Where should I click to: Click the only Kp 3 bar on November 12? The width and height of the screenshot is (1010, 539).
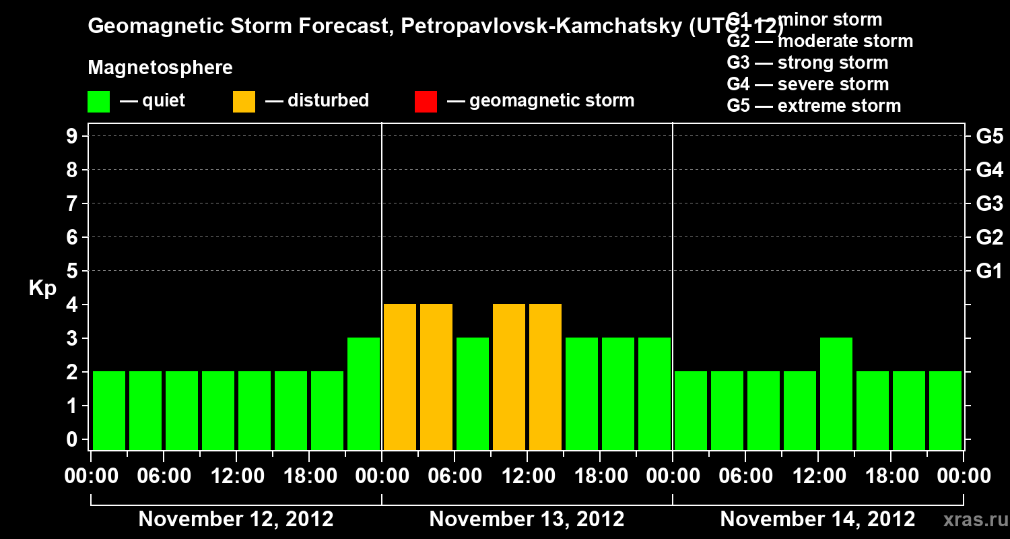364,393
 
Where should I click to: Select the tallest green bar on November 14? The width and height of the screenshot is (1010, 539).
836,393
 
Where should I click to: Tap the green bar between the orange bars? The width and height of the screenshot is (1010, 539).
473,393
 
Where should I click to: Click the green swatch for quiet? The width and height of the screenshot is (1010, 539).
98,102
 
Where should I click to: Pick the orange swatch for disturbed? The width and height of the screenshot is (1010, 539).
244,102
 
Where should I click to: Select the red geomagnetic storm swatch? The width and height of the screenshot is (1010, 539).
426,102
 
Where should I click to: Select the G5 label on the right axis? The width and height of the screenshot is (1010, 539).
989,137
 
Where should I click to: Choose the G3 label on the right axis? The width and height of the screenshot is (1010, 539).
989,204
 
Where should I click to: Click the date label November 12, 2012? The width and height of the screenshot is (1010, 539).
236,519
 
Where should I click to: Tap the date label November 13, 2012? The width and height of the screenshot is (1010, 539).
527,519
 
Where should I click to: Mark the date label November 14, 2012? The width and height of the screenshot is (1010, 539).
817,519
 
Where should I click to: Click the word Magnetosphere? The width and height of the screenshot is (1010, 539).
160,68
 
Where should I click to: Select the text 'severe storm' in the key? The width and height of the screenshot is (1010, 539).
833,85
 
